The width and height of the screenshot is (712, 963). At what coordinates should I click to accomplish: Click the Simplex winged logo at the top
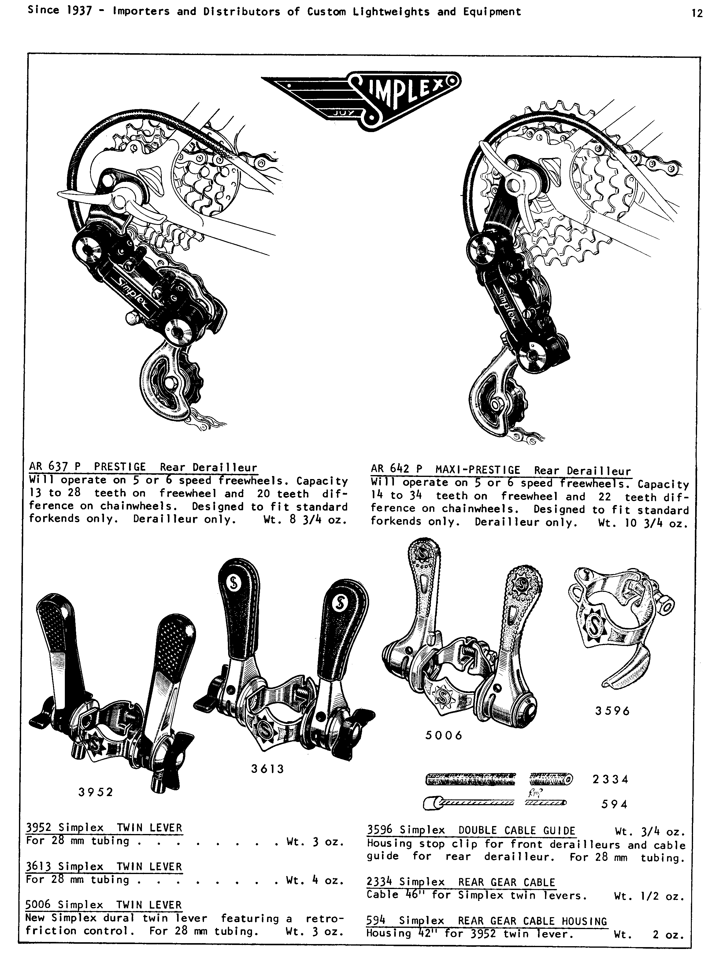(361, 100)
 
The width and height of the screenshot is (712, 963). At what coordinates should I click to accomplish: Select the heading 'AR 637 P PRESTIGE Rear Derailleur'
(143, 467)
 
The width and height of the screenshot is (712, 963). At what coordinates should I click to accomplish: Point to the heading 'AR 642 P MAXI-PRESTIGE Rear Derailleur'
(501, 470)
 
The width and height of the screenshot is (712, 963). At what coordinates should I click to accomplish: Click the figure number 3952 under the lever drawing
(96, 792)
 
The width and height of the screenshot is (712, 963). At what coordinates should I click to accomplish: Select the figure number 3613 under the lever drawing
(268, 769)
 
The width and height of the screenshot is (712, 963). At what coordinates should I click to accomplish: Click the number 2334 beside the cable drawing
(610, 779)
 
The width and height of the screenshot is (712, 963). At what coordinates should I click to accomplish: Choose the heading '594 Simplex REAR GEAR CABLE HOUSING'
(487, 921)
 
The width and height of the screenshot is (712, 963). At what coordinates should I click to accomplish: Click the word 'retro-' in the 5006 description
(324, 918)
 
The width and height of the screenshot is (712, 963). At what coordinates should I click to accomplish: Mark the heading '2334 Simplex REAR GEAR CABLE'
(461, 882)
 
